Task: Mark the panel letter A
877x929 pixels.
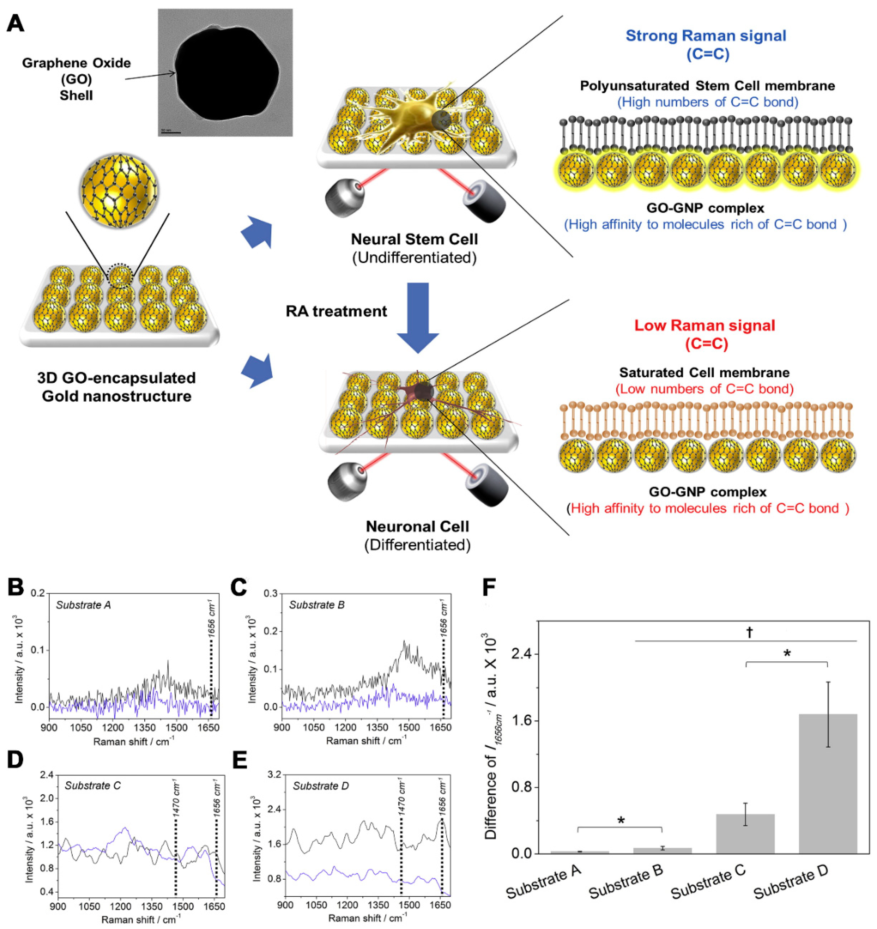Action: pos(16,22)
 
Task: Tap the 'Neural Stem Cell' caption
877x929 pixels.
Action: pos(414,239)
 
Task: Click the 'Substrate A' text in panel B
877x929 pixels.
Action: pos(83,605)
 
